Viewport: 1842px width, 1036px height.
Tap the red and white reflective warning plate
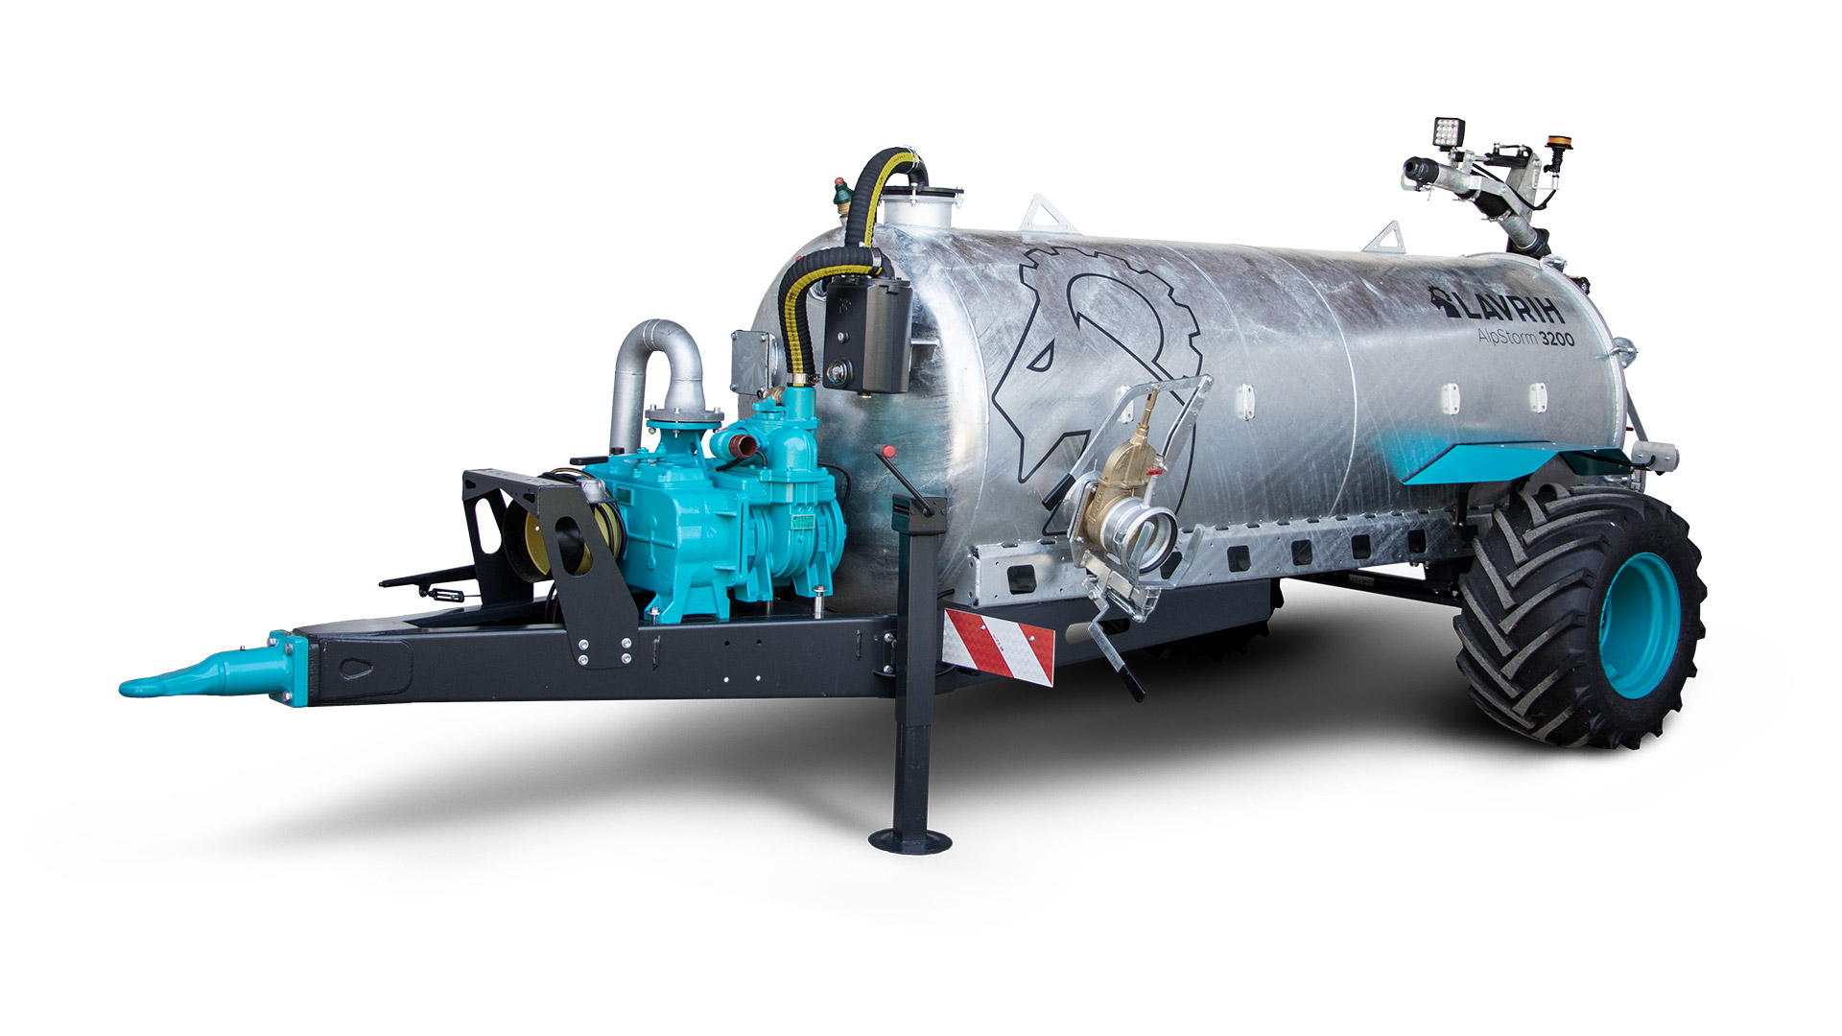tap(999, 642)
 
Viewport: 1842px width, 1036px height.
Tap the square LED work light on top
tap(1447, 131)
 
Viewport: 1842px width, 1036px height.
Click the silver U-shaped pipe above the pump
tap(657, 369)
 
